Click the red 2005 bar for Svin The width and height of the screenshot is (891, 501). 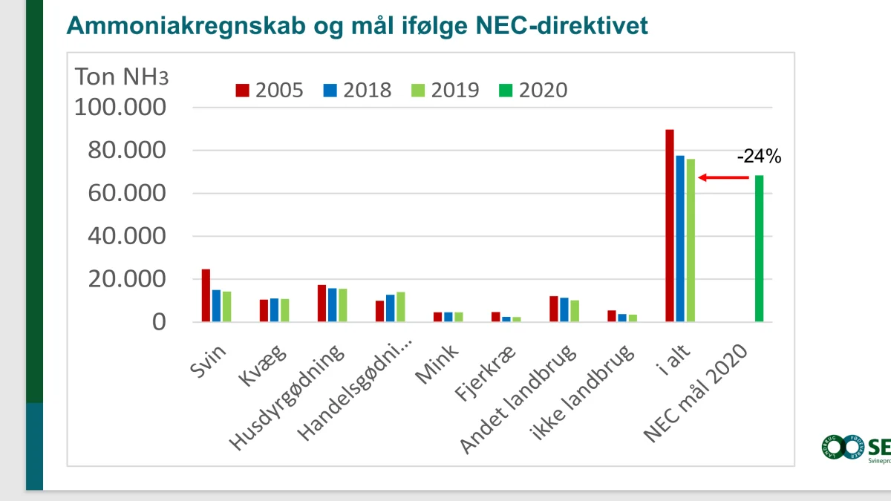click(206, 295)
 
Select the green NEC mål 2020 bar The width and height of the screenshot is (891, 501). click(759, 249)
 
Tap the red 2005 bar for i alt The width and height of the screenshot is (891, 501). click(670, 226)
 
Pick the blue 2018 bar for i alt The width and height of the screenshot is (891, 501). click(680, 238)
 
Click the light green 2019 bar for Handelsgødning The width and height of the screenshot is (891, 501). click(401, 307)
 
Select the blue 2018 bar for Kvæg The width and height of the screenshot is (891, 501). click(274, 310)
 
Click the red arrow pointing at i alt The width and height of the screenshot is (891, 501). click(724, 177)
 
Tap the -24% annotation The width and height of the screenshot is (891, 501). click(759, 157)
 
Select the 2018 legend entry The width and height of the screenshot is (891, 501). click(357, 91)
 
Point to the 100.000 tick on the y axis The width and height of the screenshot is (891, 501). click(120, 108)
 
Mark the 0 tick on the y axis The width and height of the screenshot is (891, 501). click(160, 323)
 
